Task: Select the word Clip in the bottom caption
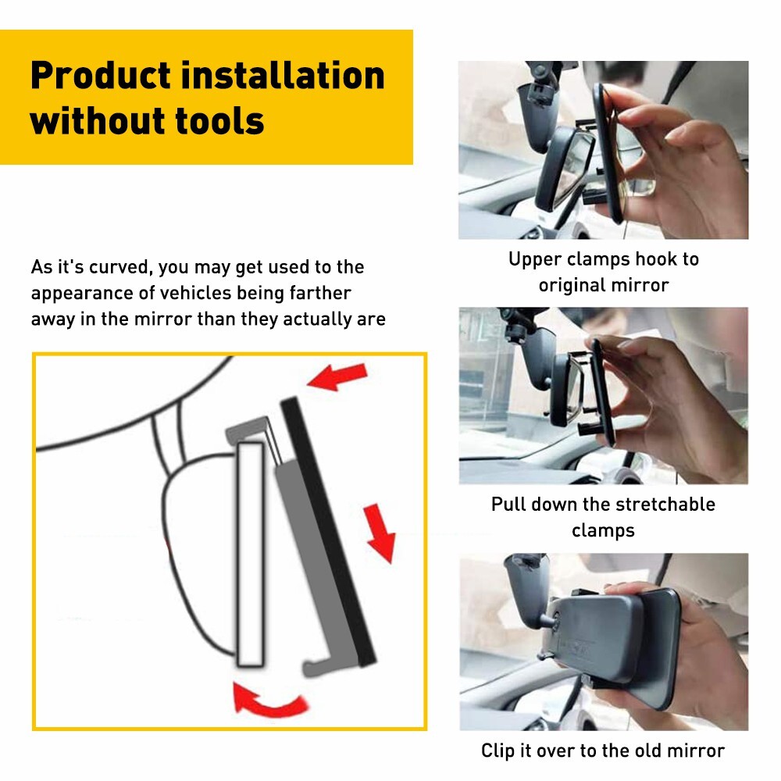click(497, 751)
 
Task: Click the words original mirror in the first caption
click(604, 285)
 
